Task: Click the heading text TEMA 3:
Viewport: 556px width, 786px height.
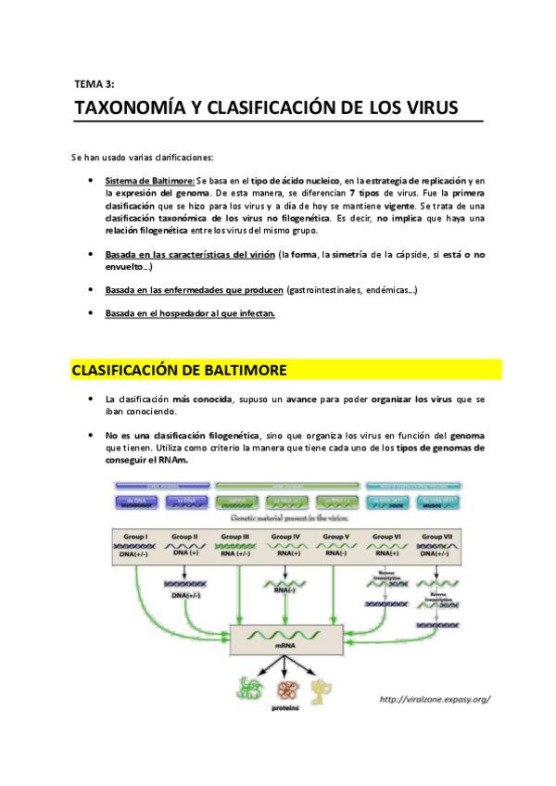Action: click(x=93, y=82)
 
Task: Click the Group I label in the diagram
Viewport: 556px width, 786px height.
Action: click(x=135, y=537)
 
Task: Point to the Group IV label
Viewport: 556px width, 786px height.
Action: click(x=284, y=537)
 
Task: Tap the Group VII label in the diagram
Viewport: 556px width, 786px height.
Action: click(x=435, y=537)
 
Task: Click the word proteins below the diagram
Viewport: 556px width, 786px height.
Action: click(x=284, y=705)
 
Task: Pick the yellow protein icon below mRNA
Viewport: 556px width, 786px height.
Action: click(x=322, y=687)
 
